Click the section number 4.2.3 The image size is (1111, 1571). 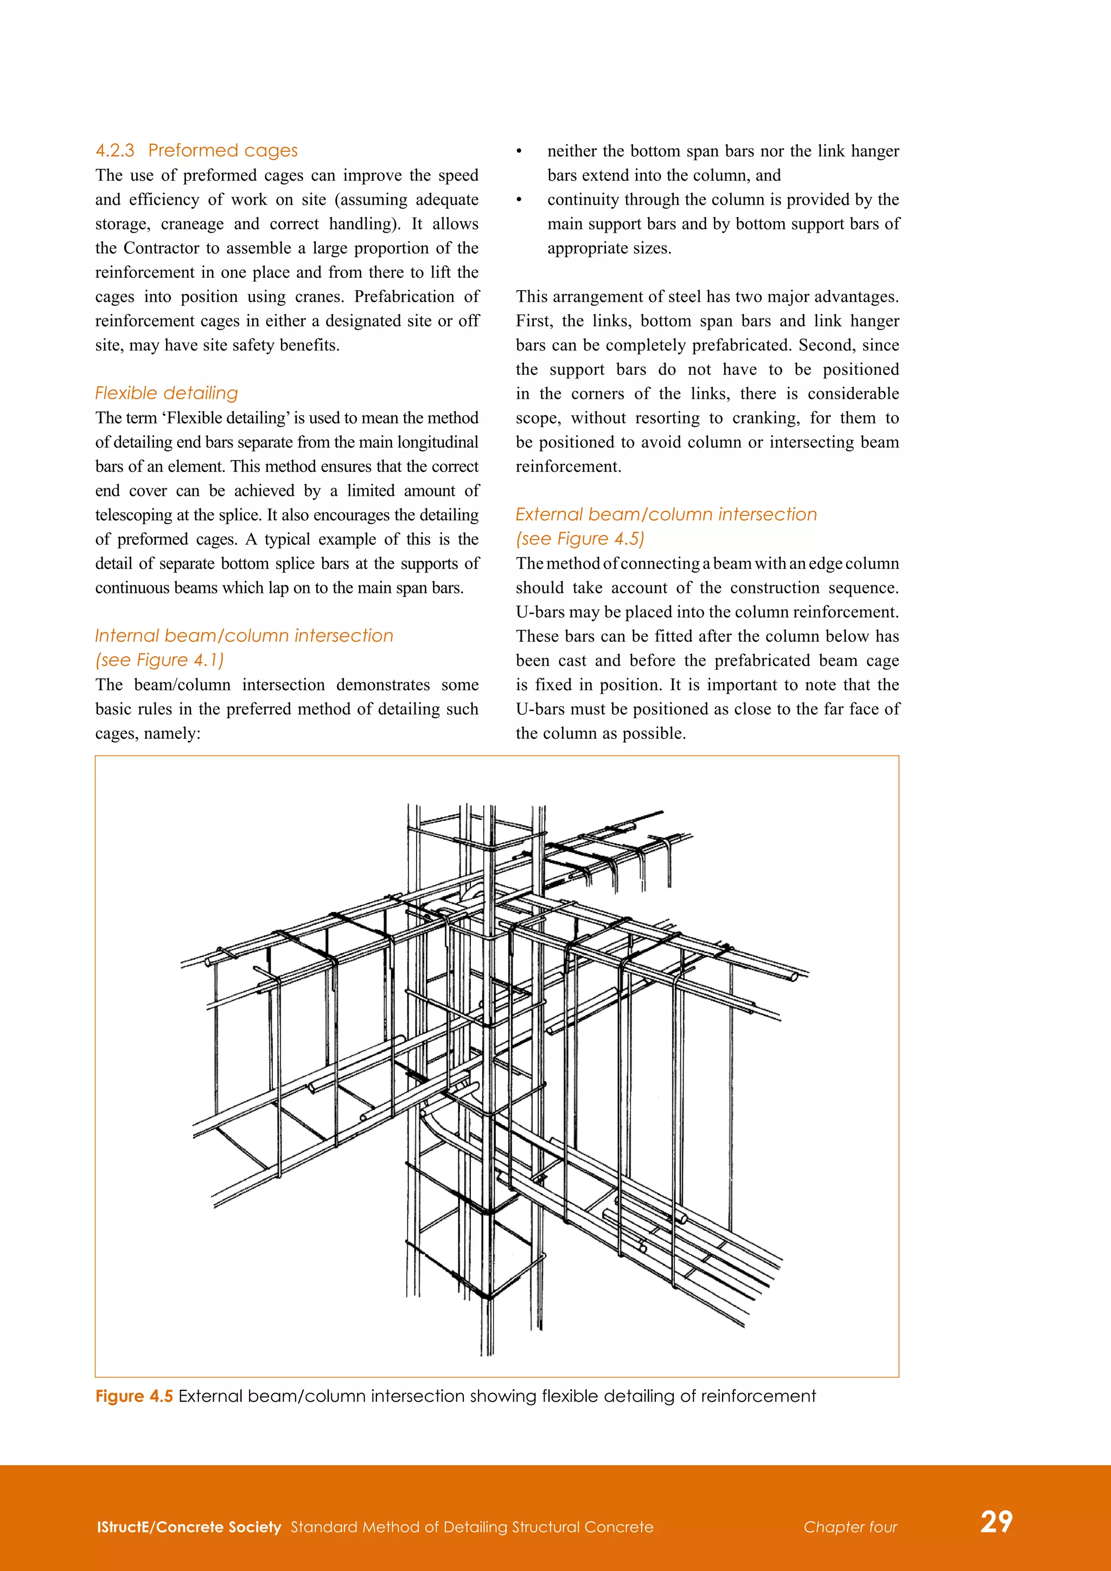(x=114, y=150)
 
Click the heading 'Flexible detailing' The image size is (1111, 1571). (x=166, y=393)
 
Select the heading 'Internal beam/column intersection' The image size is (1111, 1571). (x=244, y=636)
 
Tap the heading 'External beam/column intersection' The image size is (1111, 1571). (x=666, y=515)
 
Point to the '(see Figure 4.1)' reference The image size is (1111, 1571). (x=159, y=660)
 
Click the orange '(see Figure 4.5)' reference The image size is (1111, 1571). (x=580, y=539)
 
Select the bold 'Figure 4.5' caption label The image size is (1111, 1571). (x=134, y=1396)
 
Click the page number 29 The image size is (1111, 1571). (x=996, y=1521)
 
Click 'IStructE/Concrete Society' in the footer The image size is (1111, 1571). (x=189, y=1527)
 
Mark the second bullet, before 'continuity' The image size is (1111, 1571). (x=519, y=200)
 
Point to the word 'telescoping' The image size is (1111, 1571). (x=134, y=515)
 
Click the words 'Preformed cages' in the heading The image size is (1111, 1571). (x=223, y=150)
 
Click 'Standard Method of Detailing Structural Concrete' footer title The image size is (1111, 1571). (x=472, y=1527)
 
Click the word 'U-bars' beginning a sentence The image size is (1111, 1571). (x=537, y=612)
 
